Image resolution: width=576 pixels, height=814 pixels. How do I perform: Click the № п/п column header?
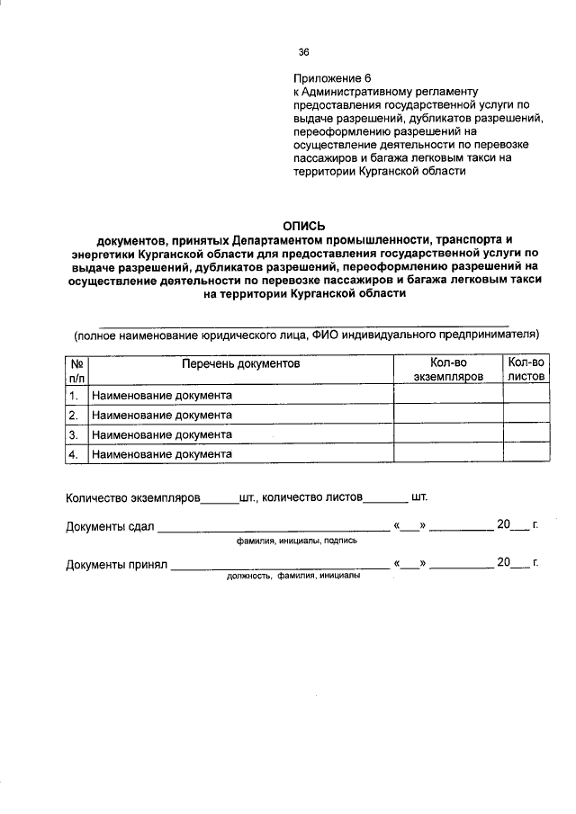point(76,371)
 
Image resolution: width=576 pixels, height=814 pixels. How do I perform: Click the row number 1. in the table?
point(76,395)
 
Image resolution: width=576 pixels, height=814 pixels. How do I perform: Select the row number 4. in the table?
point(76,454)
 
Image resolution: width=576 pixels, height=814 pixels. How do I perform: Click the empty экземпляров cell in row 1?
point(448,395)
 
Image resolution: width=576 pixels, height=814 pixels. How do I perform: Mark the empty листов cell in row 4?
point(526,454)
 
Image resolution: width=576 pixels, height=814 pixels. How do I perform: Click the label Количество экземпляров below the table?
point(131,497)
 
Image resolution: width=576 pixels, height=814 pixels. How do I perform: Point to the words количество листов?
point(311,497)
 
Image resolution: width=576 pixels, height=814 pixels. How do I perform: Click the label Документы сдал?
point(111,526)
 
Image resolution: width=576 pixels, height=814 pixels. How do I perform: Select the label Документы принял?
point(117,564)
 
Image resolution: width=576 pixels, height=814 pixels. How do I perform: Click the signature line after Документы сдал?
point(274,530)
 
